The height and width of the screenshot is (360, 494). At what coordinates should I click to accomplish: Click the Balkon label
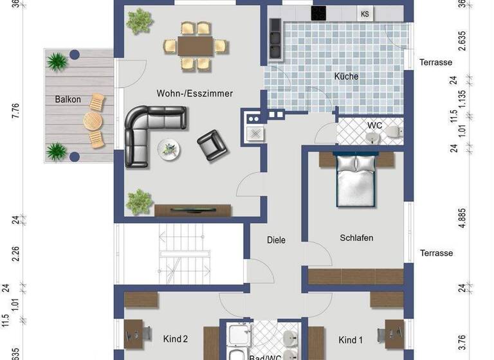68,100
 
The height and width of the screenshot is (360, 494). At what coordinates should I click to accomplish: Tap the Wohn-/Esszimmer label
194,93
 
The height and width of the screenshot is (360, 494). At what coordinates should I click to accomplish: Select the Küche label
346,76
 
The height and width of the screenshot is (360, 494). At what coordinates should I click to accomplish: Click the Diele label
276,240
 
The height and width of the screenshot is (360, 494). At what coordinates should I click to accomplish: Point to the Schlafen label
356,238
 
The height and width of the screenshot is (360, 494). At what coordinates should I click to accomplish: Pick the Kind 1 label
351,339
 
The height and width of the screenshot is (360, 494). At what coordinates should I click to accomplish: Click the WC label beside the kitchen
374,125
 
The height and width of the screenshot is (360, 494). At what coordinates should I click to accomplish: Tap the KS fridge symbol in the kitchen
365,14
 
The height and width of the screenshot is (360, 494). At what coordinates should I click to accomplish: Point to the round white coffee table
169,148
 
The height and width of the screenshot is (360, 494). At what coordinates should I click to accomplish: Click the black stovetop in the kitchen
319,12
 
